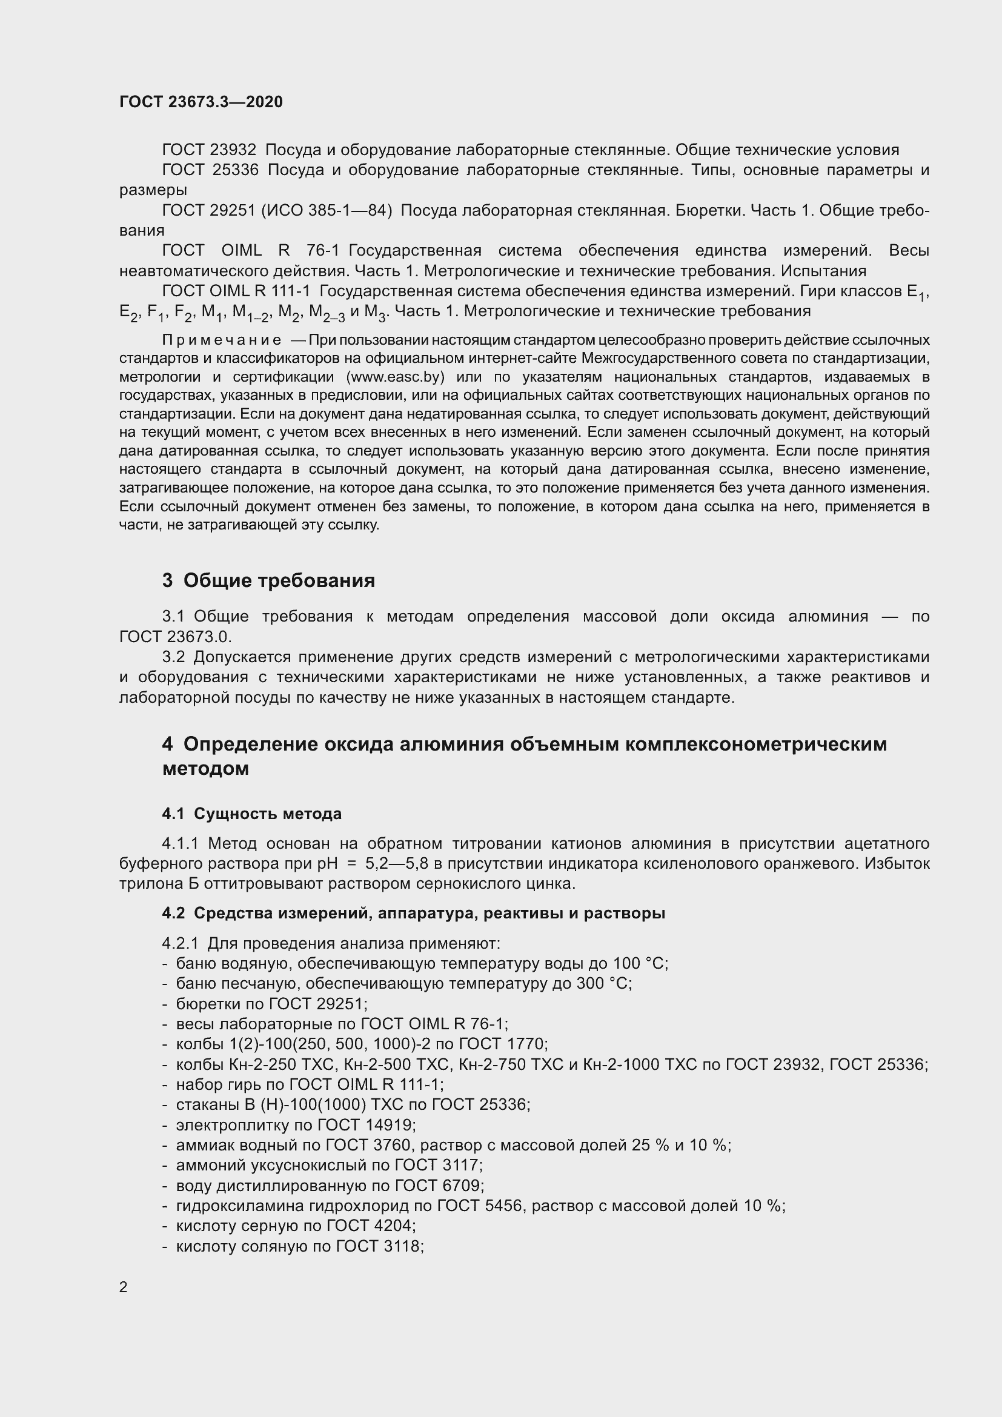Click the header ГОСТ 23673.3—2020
[201, 102]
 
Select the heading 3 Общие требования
[268, 581]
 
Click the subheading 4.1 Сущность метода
[252, 814]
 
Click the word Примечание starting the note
[222, 340]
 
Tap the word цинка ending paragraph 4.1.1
[555, 884]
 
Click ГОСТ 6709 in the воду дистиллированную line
[439, 1186]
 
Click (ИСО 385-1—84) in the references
[327, 210]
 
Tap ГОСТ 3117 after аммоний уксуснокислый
[438, 1165]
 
